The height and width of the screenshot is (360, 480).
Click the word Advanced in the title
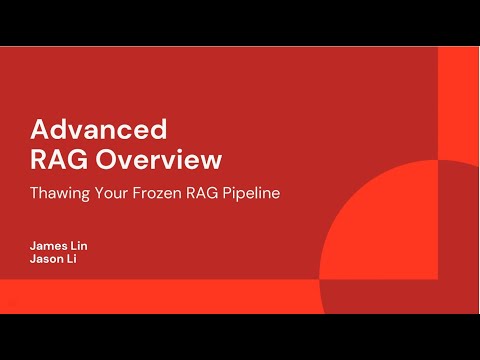pos(98,130)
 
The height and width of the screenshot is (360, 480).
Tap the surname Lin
pos(82,245)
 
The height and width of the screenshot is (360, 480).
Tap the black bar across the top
pos(240,22)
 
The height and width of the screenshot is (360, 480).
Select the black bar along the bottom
pos(240,337)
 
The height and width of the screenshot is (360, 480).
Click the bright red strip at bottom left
pos(150,296)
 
